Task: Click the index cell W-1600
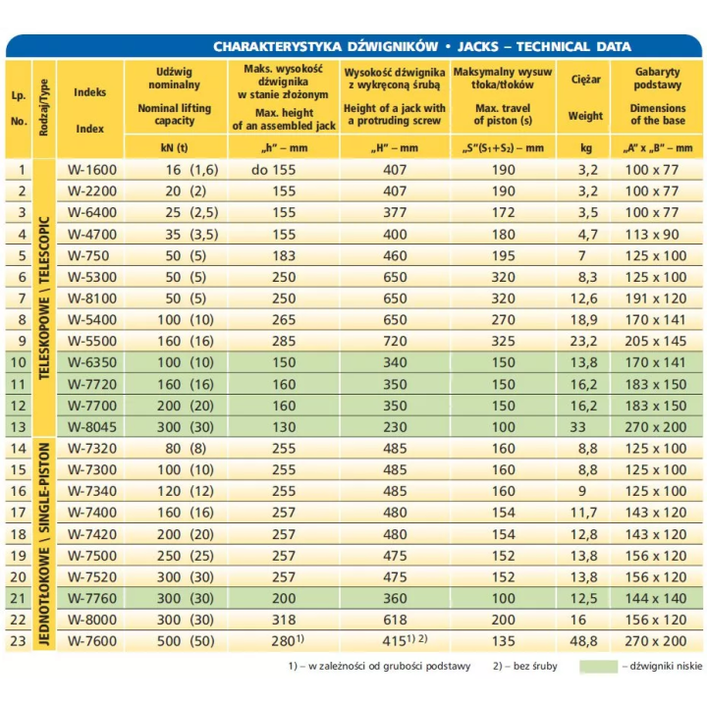click(x=92, y=170)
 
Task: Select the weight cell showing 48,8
click(x=584, y=640)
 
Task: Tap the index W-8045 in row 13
click(x=92, y=427)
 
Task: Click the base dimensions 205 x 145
click(x=656, y=342)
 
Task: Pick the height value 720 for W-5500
click(x=395, y=342)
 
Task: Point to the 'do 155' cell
click(x=274, y=170)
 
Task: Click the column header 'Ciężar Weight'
click(x=585, y=97)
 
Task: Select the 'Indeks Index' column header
click(x=89, y=110)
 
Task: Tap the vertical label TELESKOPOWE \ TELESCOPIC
click(x=44, y=299)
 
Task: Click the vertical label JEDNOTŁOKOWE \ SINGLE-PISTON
click(x=44, y=544)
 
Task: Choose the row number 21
click(x=18, y=598)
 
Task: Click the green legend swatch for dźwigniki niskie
click(x=598, y=667)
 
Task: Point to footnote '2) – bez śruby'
click(x=525, y=666)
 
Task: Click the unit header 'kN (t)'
click(x=174, y=148)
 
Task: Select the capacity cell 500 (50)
click(x=186, y=640)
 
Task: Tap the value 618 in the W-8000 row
click(x=395, y=620)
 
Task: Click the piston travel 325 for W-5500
click(x=503, y=342)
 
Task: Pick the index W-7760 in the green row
click(x=92, y=598)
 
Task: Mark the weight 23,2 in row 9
click(x=584, y=342)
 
